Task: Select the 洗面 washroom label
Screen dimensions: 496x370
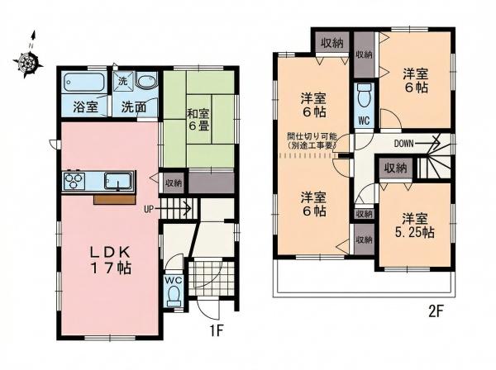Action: pos(134,107)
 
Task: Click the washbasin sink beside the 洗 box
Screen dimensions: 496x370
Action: pos(146,82)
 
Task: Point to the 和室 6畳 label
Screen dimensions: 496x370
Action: pos(199,120)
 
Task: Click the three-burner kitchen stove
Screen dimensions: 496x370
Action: pos(74,181)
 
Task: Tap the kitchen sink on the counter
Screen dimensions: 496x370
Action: pos(118,182)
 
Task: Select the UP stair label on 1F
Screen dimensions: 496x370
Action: pos(148,209)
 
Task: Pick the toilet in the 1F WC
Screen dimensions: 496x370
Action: pos(174,296)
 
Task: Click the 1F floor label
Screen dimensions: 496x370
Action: pos(217,331)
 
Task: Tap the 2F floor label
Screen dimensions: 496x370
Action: pos(436,312)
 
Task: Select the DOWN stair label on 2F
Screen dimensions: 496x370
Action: pos(404,144)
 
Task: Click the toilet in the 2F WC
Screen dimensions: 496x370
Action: pos(364,95)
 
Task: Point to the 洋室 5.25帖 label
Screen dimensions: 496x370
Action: pos(414,225)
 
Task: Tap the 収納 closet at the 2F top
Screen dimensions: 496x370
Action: pos(332,43)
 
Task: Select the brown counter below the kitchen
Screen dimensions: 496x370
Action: pos(115,200)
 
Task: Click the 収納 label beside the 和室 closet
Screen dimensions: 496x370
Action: pos(174,183)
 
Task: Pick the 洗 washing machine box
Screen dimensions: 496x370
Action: pos(122,81)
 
